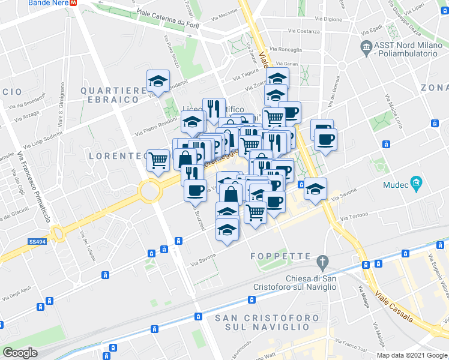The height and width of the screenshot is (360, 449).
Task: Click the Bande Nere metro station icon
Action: tap(73, 3)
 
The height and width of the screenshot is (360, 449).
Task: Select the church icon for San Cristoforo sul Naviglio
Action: tap(323, 262)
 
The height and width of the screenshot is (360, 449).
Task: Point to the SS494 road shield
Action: tap(37, 242)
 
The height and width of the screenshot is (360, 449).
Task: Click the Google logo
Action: tap(20, 353)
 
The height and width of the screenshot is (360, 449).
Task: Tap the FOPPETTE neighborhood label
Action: tap(280, 256)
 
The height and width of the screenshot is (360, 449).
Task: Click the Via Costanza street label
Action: tap(304, 31)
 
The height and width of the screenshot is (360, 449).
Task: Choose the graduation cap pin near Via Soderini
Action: tap(158, 81)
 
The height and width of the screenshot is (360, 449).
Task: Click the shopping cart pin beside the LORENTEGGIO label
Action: tap(158, 160)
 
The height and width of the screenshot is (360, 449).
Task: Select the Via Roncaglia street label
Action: tap(286, 49)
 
